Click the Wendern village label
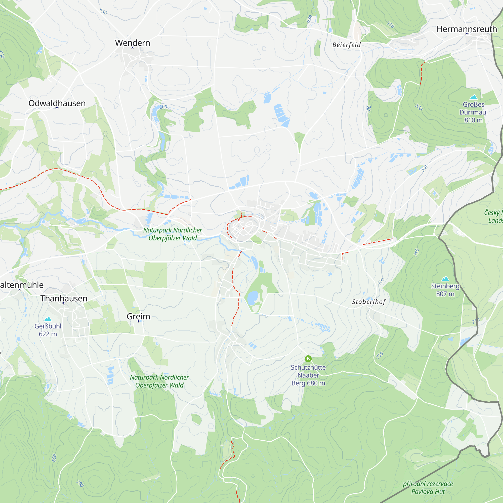[x=133, y=43]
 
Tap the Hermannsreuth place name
[x=467, y=29]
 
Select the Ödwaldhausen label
[x=57, y=103]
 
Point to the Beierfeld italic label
[x=347, y=45]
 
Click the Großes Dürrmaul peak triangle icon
[x=473, y=97]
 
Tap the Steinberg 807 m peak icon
[x=445, y=279]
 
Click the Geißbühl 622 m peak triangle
[x=48, y=319]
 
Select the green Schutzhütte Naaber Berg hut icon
[x=308, y=359]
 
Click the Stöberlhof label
[x=369, y=302]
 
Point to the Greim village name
[x=138, y=316]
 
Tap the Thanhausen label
[x=64, y=298]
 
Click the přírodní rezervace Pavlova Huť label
[x=428, y=488]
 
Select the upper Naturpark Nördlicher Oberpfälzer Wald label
[x=173, y=234]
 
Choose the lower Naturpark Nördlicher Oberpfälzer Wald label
[x=159, y=381]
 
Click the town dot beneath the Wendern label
[x=133, y=48]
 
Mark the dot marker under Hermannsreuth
[x=467, y=34]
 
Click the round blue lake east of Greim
[x=252, y=298]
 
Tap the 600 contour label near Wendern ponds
[x=163, y=107]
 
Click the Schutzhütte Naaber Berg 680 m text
[x=308, y=375]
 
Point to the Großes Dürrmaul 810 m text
[x=473, y=112]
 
